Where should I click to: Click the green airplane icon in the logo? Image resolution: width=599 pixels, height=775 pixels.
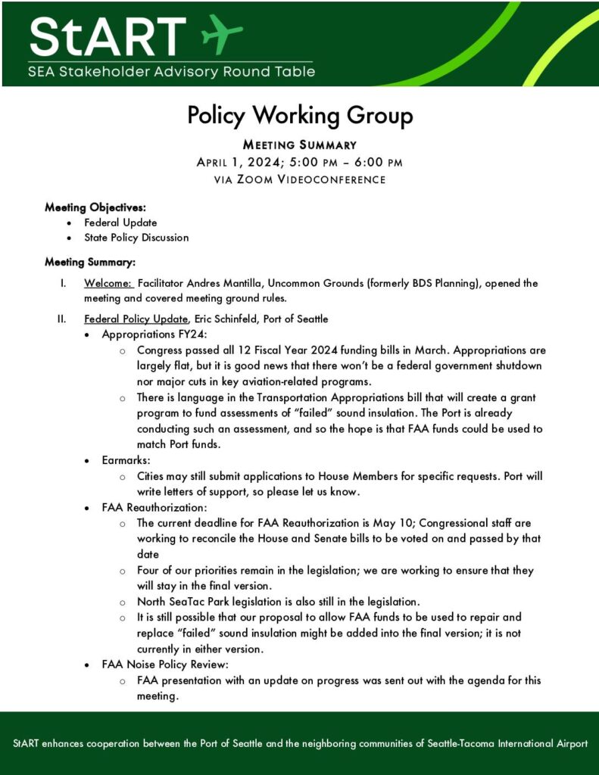[221, 33]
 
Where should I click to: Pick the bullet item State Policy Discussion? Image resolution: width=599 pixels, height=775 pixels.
[136, 238]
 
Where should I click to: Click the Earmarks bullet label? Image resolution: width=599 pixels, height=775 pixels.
[125, 459]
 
